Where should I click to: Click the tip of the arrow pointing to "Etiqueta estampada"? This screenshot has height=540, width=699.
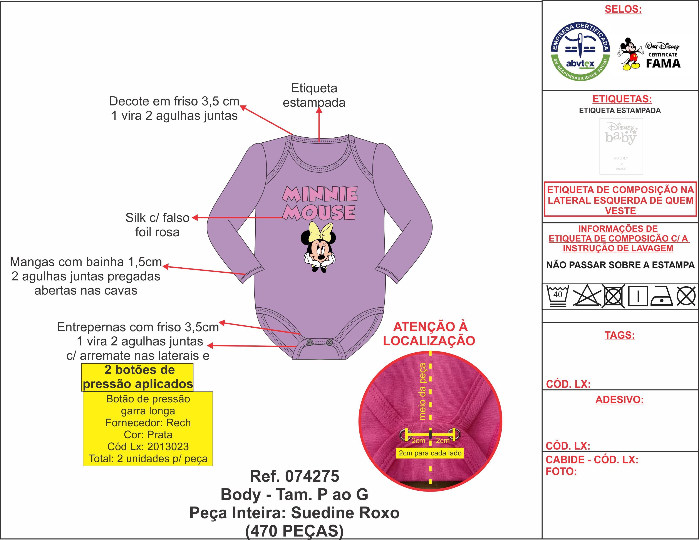(319, 108)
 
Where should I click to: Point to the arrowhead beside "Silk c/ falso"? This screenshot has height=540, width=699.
(192, 218)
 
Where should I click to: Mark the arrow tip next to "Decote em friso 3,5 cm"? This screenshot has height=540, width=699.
(241, 106)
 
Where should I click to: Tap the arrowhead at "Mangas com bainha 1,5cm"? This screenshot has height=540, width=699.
(163, 266)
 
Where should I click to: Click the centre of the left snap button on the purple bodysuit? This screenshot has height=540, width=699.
(310, 343)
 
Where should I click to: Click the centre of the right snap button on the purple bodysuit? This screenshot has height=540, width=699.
(329, 343)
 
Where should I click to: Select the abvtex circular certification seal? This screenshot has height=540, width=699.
(580, 52)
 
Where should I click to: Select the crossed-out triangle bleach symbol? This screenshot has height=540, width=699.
(586, 296)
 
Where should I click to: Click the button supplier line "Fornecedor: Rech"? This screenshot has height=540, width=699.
(148, 423)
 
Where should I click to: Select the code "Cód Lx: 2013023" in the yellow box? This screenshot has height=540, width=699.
(148, 446)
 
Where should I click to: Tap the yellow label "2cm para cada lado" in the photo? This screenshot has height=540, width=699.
(430, 453)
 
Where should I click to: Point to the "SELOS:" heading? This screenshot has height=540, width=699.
(623, 9)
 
